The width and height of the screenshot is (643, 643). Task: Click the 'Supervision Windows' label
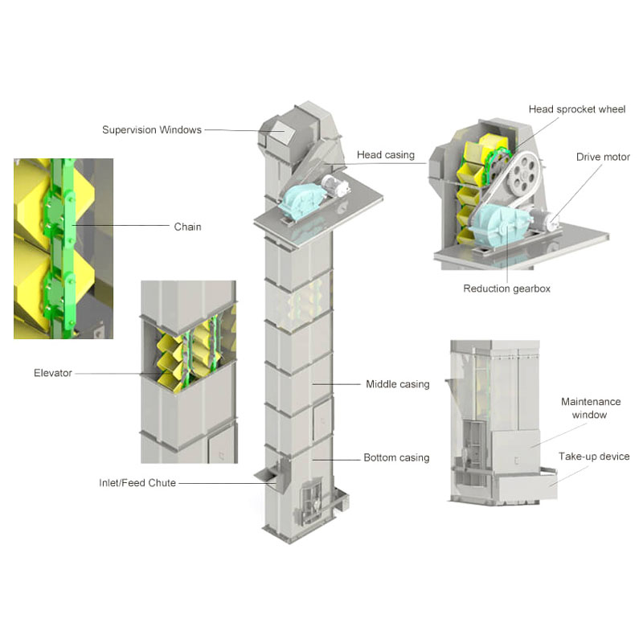point(152,130)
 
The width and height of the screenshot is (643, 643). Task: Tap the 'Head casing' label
point(386,155)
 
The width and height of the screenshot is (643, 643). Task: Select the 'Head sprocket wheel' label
point(577,109)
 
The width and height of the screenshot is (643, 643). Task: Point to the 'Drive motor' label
point(603,157)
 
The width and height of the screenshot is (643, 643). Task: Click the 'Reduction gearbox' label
point(507,289)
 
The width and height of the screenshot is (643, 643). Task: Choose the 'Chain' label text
point(187,227)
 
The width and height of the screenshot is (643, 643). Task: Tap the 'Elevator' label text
point(53,373)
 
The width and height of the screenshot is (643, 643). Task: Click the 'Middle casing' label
point(398,384)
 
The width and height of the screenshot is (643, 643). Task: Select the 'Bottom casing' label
point(396,457)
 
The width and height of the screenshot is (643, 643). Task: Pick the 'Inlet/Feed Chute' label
point(137,483)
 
